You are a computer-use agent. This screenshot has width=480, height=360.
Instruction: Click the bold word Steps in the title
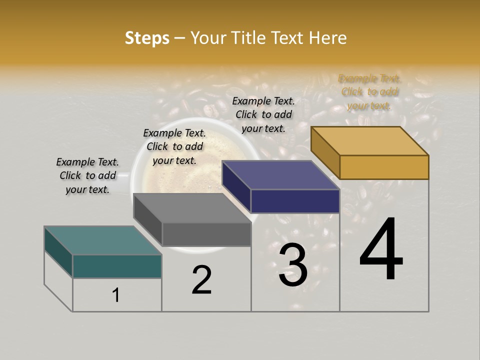[147, 38]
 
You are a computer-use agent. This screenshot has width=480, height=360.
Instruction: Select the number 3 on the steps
[292, 265]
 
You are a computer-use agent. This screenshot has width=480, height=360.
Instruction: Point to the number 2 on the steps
[201, 279]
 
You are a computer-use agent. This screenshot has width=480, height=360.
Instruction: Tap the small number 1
[116, 295]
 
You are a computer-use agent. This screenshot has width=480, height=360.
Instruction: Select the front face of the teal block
[117, 266]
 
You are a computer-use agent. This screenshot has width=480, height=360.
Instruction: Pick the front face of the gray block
[206, 234]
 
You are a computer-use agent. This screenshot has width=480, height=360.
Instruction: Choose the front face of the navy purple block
[295, 201]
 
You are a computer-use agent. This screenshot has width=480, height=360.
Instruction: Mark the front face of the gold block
[384, 167]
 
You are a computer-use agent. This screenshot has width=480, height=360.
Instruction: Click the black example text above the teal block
[87, 175]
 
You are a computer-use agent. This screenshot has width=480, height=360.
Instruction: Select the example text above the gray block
[174, 146]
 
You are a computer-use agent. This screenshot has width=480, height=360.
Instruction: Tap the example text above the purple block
[263, 114]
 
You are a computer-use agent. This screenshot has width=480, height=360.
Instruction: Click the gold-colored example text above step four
[369, 92]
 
